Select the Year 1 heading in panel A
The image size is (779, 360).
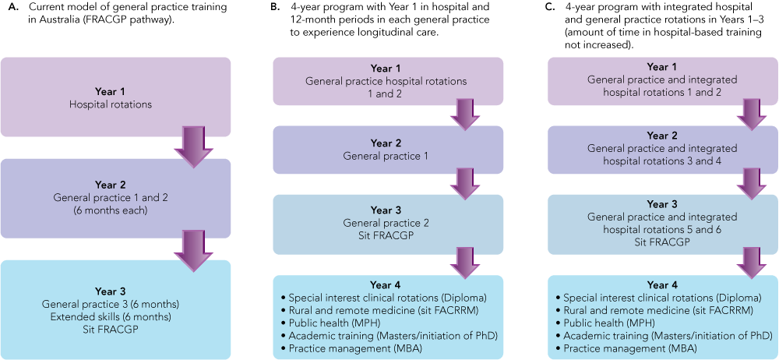pos(115,89)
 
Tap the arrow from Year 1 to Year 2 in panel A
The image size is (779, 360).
pos(192,146)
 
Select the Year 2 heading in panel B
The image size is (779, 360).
pos(388,143)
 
